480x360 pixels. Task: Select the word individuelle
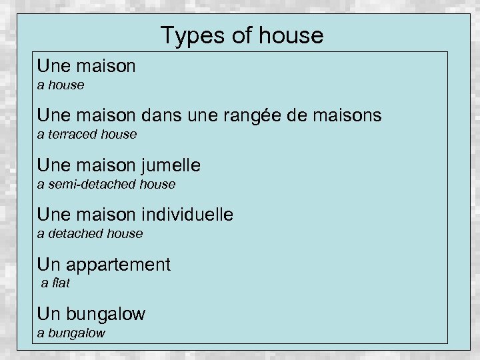pyautogui.click(x=187, y=215)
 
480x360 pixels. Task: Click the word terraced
pyautogui.click(x=72, y=135)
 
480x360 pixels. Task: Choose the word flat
pyautogui.click(x=60, y=283)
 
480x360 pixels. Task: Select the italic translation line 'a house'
pyautogui.click(x=61, y=85)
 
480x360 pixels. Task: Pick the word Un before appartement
pyautogui.click(x=48, y=265)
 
